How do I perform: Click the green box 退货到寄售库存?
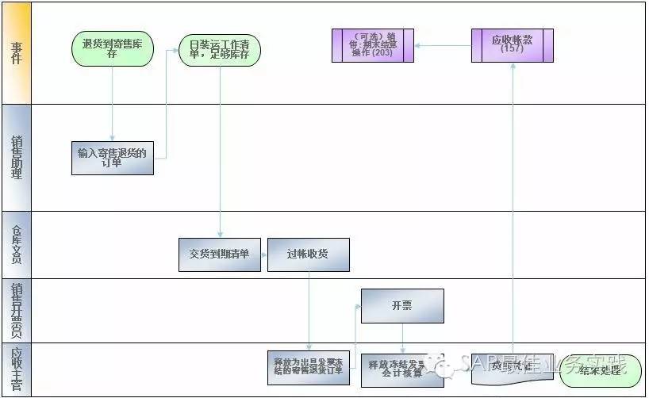tap(113, 48)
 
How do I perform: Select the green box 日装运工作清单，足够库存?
tap(220, 49)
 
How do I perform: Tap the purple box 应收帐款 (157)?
tap(512, 45)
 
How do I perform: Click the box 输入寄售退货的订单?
tap(112, 158)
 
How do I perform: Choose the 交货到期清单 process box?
tap(220, 254)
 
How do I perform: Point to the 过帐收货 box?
tap(308, 254)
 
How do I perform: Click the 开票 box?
tap(402, 306)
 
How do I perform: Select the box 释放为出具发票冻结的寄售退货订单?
tap(308, 367)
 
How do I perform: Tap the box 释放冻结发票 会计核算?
tap(402, 369)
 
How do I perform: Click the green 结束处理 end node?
tap(601, 370)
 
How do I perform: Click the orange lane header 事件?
tap(16, 53)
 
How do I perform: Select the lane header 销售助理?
tap(16, 157)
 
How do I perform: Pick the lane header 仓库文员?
tap(16, 243)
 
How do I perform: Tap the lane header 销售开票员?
tap(16, 310)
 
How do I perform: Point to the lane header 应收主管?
tap(16, 369)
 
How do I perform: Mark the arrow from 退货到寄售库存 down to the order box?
tap(113, 103)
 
